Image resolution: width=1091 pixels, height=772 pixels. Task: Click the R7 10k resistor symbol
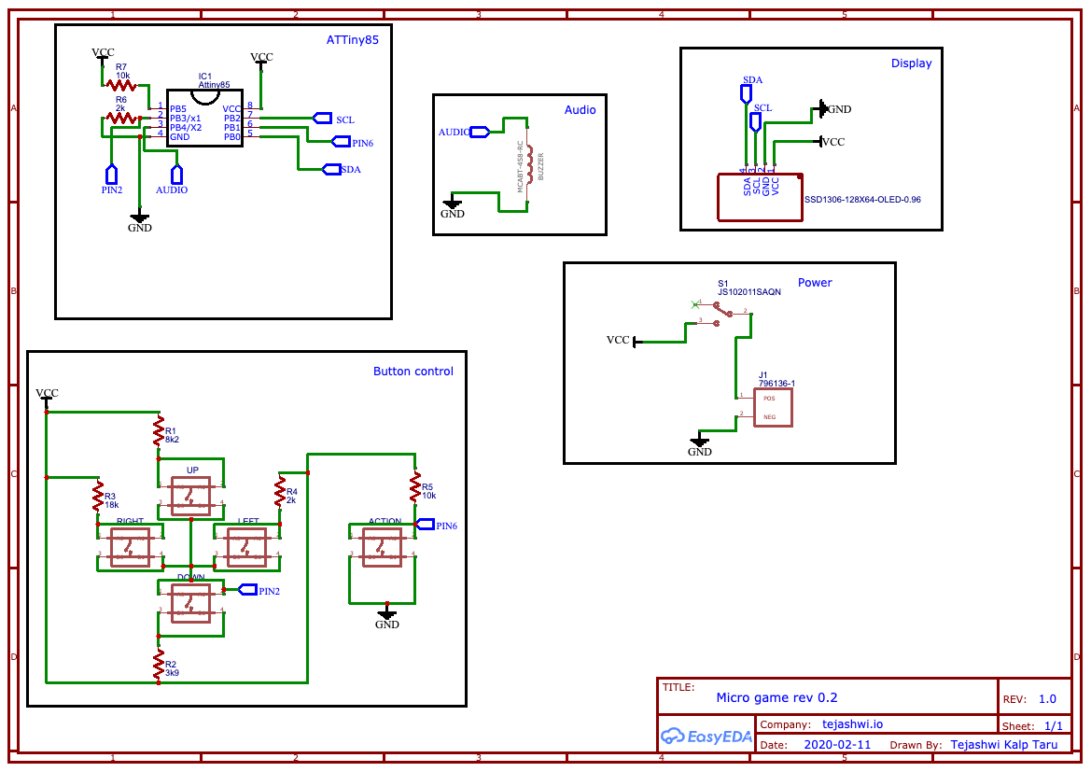tap(121, 85)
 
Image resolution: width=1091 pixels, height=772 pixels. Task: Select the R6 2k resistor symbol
tap(121, 118)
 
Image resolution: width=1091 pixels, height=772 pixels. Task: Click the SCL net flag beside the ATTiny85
tap(323, 118)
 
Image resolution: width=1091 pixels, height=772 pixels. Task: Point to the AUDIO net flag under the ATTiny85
tap(176, 174)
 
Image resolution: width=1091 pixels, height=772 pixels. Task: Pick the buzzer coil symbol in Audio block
tap(529, 164)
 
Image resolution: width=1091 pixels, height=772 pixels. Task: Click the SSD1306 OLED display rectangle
tap(759, 197)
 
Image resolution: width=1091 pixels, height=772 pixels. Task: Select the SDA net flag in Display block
tap(747, 94)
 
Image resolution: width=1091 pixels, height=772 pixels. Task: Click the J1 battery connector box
tap(775, 407)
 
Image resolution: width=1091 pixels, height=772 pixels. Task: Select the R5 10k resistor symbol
tap(415, 487)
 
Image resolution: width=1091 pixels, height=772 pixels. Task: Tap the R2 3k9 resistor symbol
tap(160, 664)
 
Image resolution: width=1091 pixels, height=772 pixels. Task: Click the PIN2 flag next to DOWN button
tap(247, 589)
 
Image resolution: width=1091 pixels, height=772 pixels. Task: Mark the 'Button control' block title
tap(413, 371)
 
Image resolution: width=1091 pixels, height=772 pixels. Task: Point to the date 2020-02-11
tap(836, 745)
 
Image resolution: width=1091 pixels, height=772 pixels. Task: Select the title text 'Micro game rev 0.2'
tap(776, 697)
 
